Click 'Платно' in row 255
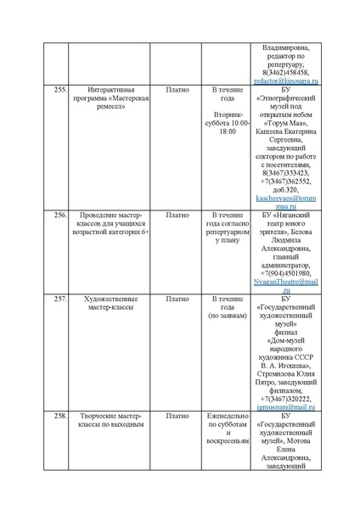tap(177, 88)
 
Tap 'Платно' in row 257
tap(177, 299)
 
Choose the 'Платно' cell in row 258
tap(177, 416)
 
